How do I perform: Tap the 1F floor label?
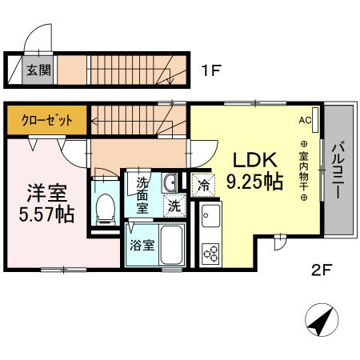pos(210,71)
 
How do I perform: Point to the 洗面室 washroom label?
pos(142,194)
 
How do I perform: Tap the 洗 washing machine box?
pos(174,206)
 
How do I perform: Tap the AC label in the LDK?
pos(304,120)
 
